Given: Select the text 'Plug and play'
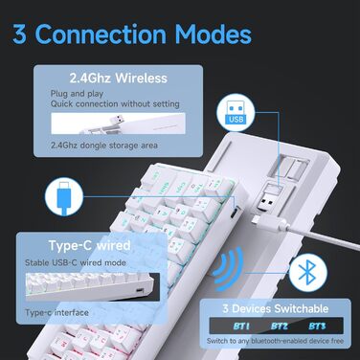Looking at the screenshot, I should (x=75, y=95).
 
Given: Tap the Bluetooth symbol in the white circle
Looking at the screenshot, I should (x=305, y=273).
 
